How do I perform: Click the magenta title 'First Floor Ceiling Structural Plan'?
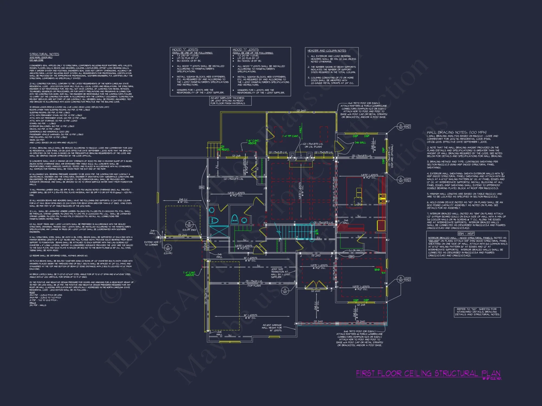tap(428, 374)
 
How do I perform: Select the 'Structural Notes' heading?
tap(44, 54)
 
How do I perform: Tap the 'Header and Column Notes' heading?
tap(327, 51)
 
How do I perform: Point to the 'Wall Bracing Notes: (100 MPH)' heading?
tap(457, 132)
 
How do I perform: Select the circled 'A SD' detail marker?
tap(168, 248)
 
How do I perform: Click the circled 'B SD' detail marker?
tap(189, 224)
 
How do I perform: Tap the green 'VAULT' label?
tap(300, 130)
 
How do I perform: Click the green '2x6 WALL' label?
tap(360, 142)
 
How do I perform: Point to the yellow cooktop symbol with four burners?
tap(382, 198)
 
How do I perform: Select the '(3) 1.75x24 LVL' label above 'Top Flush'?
tap(254, 281)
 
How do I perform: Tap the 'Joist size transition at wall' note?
tap(280, 273)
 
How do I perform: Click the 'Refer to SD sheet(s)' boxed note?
tap(477, 312)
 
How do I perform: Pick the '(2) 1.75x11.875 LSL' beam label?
tap(233, 179)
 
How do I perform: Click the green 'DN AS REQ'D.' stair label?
tap(223, 148)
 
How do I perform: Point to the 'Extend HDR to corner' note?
tap(151, 243)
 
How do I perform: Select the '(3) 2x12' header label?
tap(183, 235)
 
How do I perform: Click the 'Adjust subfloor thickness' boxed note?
tap(230, 101)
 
